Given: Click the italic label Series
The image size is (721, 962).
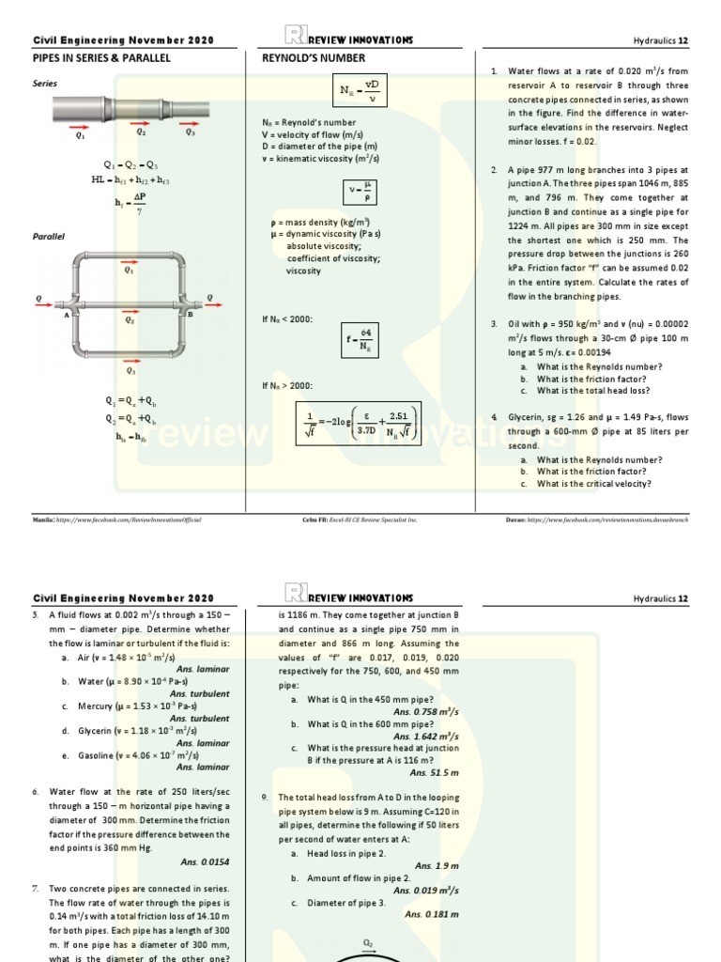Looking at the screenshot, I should (45, 84).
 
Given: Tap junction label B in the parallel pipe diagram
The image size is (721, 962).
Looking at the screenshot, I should (191, 316).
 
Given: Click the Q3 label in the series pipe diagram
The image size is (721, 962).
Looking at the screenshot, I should (191, 133).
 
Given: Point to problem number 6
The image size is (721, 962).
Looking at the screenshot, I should (35, 792).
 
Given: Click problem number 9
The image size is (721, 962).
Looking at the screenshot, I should (268, 798).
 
